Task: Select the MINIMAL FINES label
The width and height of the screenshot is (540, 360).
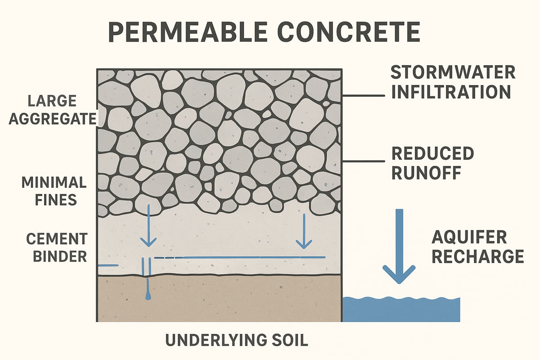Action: pyautogui.click(x=54, y=191)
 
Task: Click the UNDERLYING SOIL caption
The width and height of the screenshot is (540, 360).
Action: pyautogui.click(x=237, y=340)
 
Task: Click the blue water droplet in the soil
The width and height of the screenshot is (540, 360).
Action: pyautogui.click(x=147, y=297)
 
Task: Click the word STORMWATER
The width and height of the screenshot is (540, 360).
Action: pyautogui.click(x=453, y=72)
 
